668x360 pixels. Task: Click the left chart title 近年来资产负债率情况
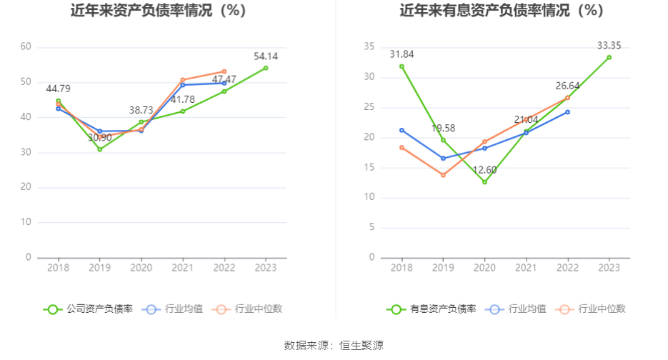(x=158, y=11)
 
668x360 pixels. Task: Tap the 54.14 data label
(x=266, y=56)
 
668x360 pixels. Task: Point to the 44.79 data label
(x=58, y=89)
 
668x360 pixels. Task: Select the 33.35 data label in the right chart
(x=609, y=46)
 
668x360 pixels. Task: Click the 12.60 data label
(x=484, y=169)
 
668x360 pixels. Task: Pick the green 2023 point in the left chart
(x=266, y=68)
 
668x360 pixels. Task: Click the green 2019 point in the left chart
(x=100, y=149)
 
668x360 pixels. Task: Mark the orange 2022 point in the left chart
(x=224, y=71)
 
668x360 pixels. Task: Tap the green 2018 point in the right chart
(x=402, y=66)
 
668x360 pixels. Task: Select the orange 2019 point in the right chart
(x=443, y=175)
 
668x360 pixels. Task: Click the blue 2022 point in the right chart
(x=567, y=112)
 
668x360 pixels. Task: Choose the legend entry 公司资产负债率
(x=89, y=309)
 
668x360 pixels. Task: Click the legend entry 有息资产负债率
(x=432, y=309)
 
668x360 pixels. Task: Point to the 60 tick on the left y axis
(x=26, y=47)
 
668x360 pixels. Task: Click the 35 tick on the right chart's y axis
(x=369, y=47)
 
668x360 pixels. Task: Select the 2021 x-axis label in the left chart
(x=183, y=267)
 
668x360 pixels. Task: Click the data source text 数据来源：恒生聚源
(x=334, y=346)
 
